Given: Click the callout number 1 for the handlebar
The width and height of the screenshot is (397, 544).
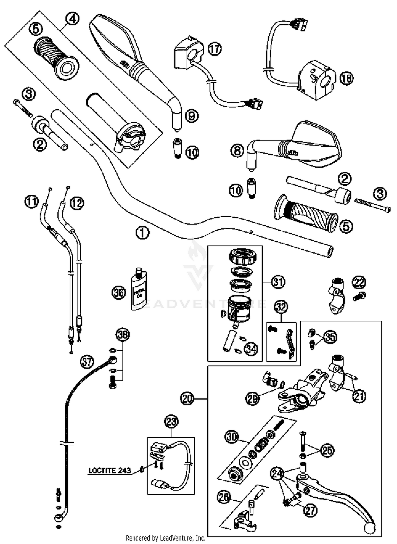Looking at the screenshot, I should click(142, 233).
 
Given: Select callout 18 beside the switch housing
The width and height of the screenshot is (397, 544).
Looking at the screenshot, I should click(346, 78).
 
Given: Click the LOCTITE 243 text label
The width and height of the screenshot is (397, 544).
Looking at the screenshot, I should click(109, 470).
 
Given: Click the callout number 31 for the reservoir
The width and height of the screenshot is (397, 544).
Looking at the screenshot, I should click(278, 282).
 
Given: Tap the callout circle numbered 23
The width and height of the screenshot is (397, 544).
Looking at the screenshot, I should click(171, 422).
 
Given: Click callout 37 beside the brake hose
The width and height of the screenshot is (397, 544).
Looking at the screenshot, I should click(87, 362).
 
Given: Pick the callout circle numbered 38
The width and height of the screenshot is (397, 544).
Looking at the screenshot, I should click(123, 335).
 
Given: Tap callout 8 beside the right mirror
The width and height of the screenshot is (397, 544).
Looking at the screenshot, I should click(237, 151).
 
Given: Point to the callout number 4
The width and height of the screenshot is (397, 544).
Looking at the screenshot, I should click(72, 19).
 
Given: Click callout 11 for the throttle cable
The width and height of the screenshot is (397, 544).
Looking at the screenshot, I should click(31, 202).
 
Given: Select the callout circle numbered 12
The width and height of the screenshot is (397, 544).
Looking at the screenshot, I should click(77, 203).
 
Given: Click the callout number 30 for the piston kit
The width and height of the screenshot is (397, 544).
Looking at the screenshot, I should click(232, 437).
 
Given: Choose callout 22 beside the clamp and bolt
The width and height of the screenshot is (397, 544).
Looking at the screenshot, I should click(359, 282).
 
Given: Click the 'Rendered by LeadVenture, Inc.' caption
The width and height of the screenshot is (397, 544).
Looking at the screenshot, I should click(165, 538).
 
